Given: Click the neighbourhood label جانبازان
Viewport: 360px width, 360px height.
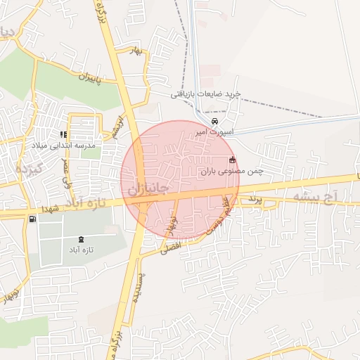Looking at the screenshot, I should click(149, 189).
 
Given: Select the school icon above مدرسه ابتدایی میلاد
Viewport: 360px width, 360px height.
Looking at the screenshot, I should click(63, 134).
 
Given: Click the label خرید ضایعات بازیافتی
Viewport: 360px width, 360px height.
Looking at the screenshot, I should click(206, 94).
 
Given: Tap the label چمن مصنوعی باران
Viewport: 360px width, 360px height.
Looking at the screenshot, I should click(231, 170).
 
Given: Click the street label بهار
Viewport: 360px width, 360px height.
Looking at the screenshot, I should click(137, 51).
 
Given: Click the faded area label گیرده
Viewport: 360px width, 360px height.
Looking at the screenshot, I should click(29, 169).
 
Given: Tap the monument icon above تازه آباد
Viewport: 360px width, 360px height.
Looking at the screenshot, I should click(81, 240).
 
